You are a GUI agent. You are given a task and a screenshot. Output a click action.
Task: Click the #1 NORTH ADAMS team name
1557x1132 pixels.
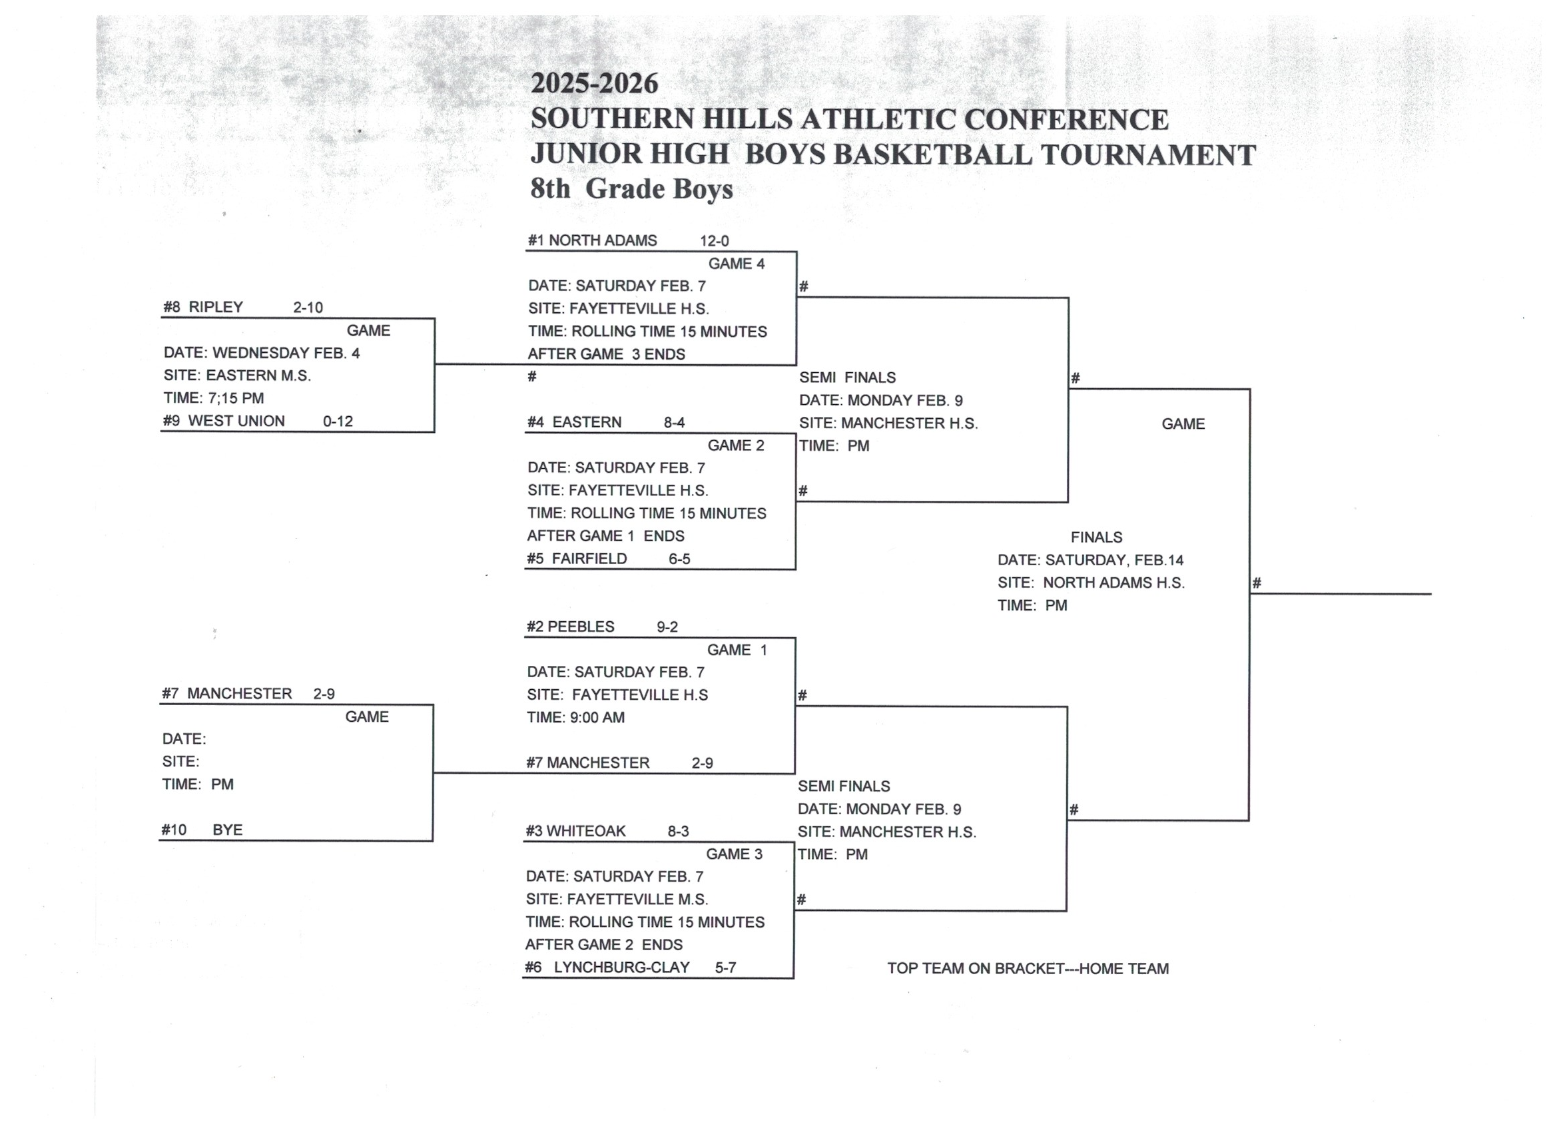592,240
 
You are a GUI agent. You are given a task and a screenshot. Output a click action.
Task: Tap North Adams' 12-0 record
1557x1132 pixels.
714,241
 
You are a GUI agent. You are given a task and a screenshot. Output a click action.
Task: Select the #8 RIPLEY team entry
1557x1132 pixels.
203,307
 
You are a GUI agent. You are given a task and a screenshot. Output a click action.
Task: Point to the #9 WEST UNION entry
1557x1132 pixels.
224,421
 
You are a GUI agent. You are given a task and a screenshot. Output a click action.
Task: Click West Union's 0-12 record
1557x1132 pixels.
338,422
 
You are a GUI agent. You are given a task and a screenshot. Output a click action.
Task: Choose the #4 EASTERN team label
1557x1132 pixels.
574,422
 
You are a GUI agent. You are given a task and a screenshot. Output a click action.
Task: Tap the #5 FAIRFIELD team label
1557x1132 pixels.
577,559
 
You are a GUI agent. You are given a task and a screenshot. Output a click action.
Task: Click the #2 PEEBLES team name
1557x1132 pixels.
571,627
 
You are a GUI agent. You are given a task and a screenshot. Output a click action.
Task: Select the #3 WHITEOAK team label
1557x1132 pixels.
575,831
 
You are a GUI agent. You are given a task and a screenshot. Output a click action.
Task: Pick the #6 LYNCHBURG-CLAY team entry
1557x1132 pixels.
607,968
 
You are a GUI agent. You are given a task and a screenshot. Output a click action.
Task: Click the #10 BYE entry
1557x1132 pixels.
202,830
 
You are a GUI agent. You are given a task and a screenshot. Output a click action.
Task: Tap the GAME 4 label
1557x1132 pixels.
736,264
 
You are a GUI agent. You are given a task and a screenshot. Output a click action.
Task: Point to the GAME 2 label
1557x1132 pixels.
735,445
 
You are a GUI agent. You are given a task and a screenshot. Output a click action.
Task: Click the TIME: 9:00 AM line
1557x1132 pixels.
575,717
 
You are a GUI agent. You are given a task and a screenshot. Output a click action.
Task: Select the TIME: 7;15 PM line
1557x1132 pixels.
214,398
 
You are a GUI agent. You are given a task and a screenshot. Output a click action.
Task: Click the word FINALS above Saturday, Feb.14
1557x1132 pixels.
1096,537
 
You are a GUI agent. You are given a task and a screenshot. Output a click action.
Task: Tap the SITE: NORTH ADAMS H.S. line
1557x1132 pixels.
1091,583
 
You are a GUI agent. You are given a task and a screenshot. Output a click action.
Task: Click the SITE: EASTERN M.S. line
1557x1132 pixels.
237,376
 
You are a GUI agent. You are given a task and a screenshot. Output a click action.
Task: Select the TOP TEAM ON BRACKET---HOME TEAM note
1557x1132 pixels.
1028,969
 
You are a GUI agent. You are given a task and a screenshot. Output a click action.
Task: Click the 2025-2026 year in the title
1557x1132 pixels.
594,84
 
